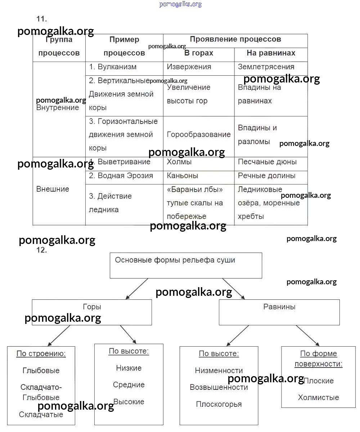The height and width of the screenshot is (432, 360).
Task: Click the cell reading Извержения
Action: (189, 67)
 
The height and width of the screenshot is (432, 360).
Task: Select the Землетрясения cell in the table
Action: (266, 67)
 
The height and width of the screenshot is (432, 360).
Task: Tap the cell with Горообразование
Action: (199, 135)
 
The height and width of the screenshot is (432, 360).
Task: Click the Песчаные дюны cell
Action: (267, 162)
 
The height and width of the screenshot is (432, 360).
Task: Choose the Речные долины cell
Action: (266, 176)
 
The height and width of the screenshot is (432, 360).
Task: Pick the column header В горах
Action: (199, 53)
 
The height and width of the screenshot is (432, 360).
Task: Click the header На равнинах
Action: (271, 53)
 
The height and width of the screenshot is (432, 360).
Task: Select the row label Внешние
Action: (53, 189)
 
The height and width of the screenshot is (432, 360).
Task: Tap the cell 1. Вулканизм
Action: (113, 67)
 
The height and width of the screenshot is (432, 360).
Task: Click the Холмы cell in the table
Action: (179, 162)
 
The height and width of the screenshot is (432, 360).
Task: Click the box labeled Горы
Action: (92, 312)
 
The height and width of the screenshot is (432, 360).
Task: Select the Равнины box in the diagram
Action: (279, 312)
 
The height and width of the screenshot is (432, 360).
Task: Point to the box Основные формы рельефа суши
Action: (186, 265)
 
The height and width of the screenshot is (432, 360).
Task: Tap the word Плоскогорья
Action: (219, 404)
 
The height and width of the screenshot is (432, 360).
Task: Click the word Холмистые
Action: (318, 398)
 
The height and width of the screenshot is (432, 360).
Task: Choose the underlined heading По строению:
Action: (41, 354)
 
